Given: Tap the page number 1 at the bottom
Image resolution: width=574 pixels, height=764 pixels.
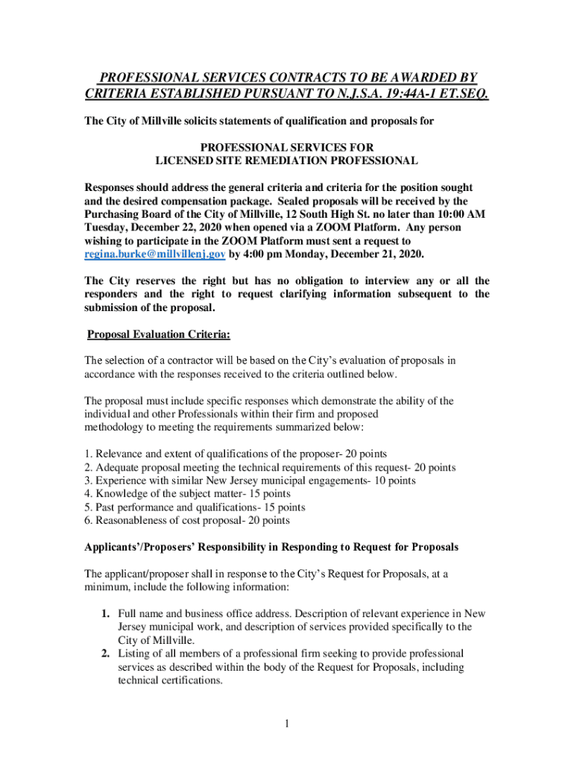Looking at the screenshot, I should click(287, 722).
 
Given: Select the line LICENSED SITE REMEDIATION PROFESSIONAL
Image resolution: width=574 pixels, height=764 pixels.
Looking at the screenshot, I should click(286, 160).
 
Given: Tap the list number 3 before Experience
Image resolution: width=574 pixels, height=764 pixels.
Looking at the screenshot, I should click(88, 480).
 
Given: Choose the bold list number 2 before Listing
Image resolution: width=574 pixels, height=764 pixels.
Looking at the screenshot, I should click(107, 653).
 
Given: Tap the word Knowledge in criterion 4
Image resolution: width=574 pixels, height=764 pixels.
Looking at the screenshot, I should click(121, 494).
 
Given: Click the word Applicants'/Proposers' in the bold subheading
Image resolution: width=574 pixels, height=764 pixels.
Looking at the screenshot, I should click(135, 547).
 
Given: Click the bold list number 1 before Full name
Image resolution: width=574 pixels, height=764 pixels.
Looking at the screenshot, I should click(107, 613).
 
